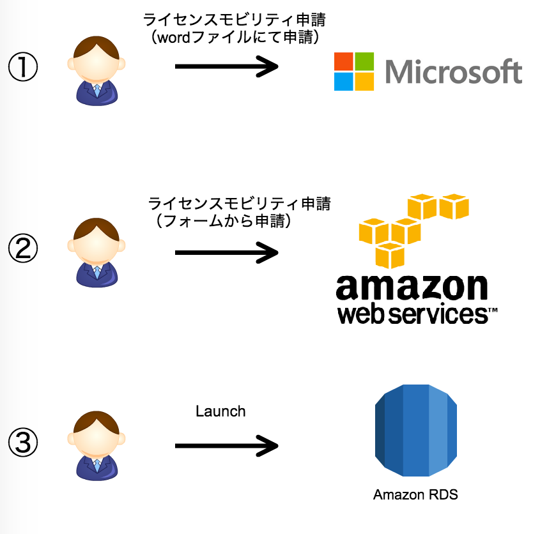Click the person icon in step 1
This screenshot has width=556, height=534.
point(96,71)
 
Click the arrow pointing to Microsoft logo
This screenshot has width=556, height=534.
point(226,66)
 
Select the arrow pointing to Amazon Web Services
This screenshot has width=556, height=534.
point(226,252)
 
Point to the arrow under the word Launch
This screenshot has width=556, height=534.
point(226,445)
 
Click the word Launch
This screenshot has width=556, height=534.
point(220,411)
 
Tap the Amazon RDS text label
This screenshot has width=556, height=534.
point(415,495)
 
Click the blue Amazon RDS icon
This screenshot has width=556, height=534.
point(416,432)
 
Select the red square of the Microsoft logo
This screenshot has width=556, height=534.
point(344,62)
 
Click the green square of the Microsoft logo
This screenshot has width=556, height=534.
point(364,62)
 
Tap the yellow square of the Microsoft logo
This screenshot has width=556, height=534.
point(364,82)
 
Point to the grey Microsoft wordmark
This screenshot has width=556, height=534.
point(454,72)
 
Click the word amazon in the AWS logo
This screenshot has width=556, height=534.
point(412,288)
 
